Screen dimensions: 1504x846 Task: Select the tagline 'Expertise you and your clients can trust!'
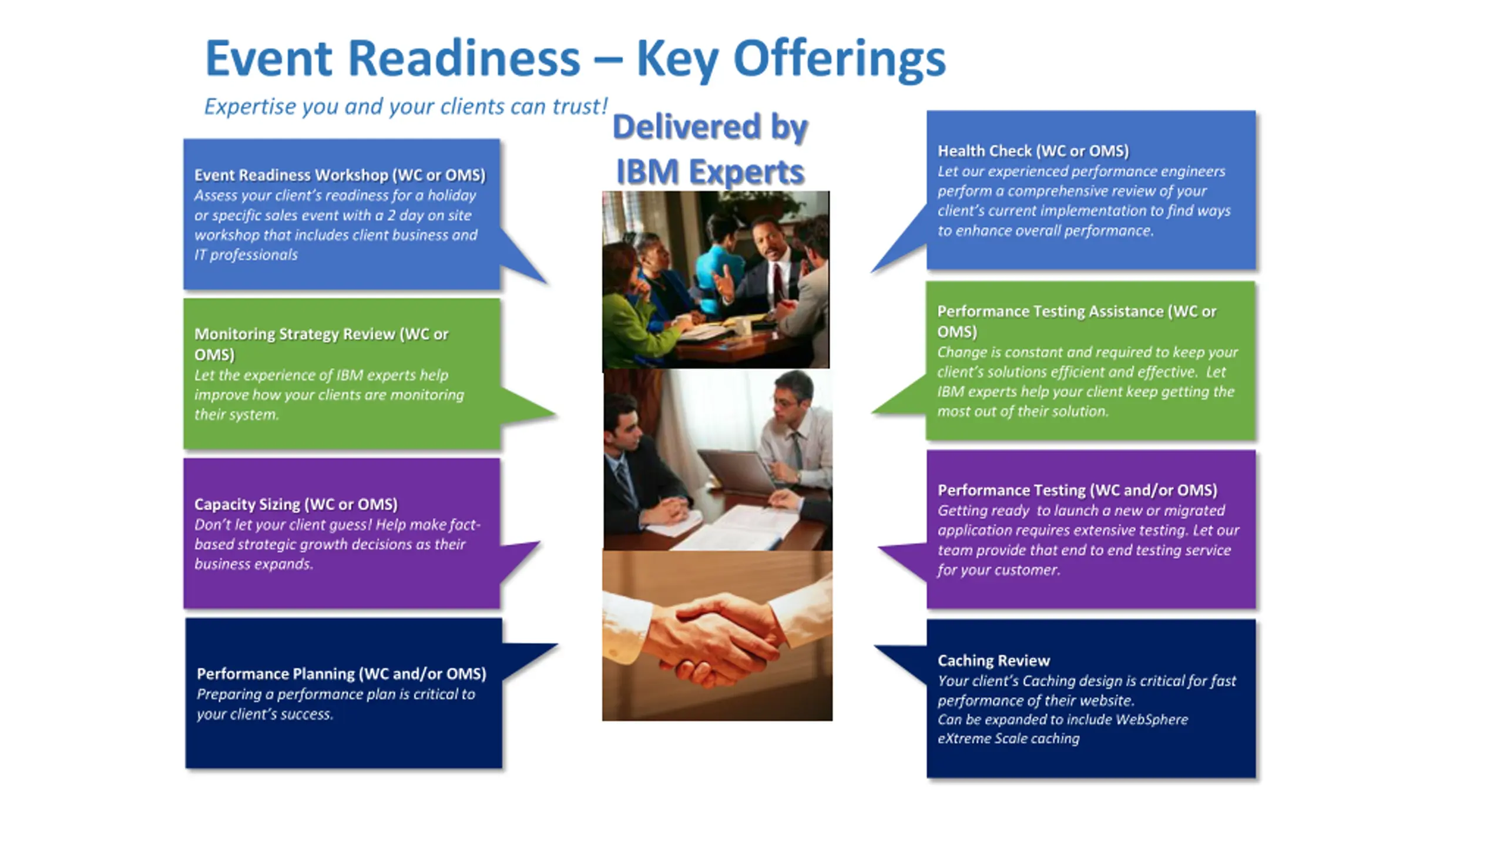[x=405, y=107]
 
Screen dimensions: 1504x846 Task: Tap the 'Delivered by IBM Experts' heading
[x=710, y=149]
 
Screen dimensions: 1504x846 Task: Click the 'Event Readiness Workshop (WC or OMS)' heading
[x=340, y=175]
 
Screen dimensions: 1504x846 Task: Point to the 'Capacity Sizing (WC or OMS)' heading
[x=296, y=504]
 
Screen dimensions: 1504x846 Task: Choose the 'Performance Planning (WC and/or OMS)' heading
[x=341, y=673]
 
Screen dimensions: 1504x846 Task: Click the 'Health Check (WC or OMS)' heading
[x=1033, y=151]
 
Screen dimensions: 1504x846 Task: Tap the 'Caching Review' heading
[x=993, y=660]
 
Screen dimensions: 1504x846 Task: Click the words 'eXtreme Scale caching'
[x=1008, y=738]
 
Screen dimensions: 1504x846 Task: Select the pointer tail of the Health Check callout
[x=899, y=247]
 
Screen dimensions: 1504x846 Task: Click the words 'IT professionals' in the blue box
[x=246, y=255]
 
